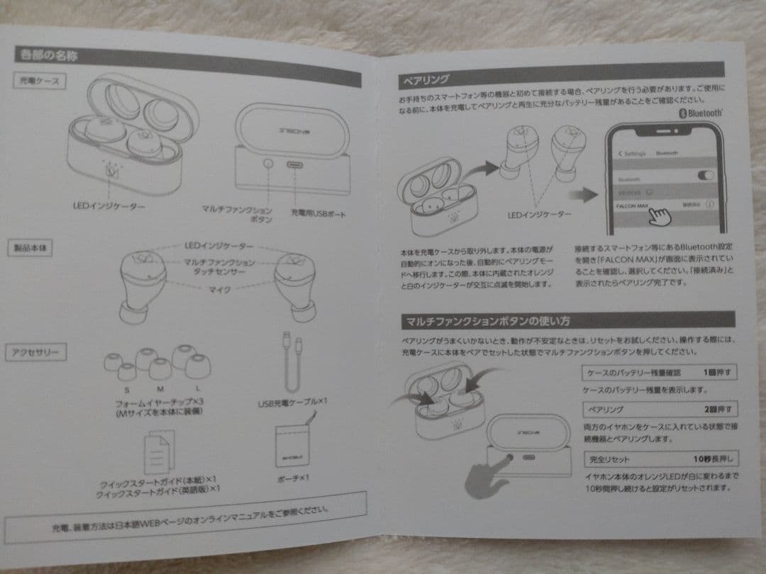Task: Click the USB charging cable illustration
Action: point(292,364)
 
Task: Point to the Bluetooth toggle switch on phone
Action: point(705,176)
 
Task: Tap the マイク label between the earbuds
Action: point(217,290)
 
